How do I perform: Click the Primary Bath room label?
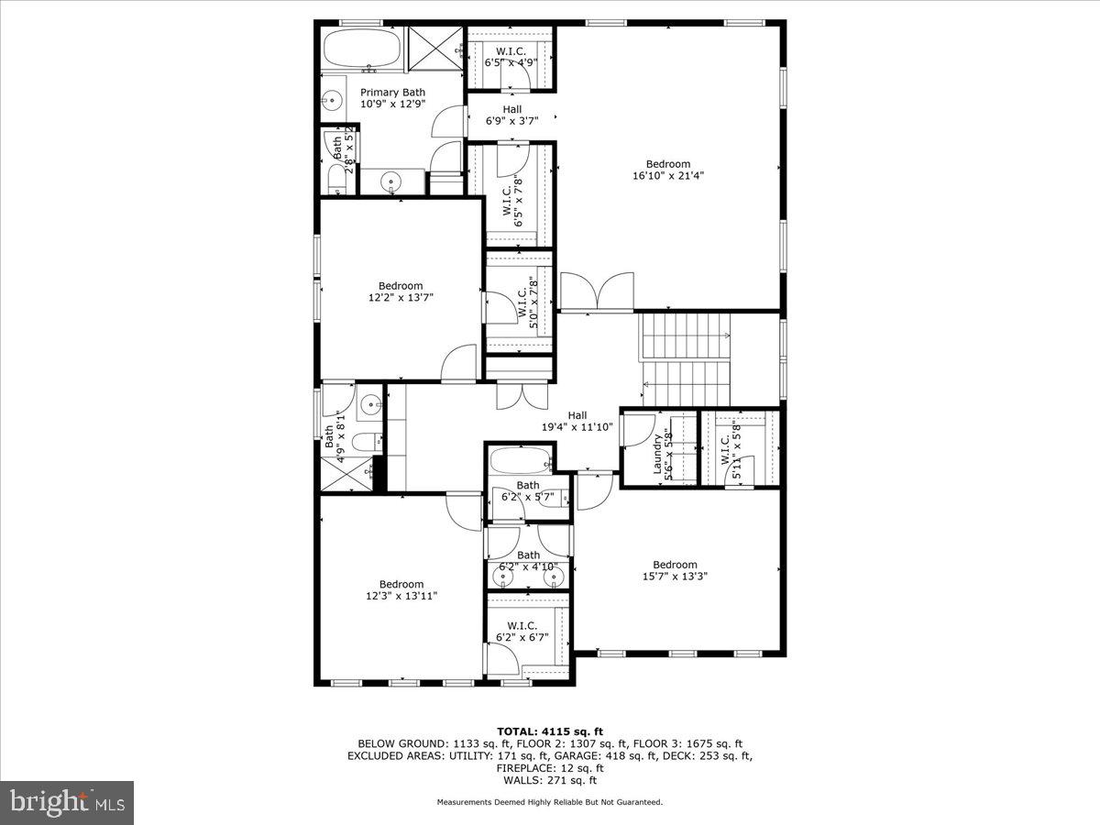click(x=392, y=93)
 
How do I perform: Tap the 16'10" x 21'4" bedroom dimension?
click(x=667, y=175)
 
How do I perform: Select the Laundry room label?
click(x=657, y=456)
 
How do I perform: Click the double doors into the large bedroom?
click(x=597, y=292)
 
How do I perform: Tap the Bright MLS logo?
click(x=67, y=803)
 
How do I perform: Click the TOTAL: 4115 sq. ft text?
click(x=549, y=731)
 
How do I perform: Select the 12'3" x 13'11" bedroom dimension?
click(x=401, y=596)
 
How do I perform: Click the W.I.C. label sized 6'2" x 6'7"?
click(x=521, y=626)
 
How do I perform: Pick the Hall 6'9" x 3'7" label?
click(x=511, y=109)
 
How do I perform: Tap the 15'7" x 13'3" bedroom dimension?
click(x=675, y=577)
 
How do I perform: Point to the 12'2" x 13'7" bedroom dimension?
click(x=401, y=297)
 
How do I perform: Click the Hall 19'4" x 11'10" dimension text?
click(x=577, y=426)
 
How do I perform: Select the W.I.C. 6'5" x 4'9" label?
click(x=511, y=51)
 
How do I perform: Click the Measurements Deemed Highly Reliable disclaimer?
click(x=549, y=802)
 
